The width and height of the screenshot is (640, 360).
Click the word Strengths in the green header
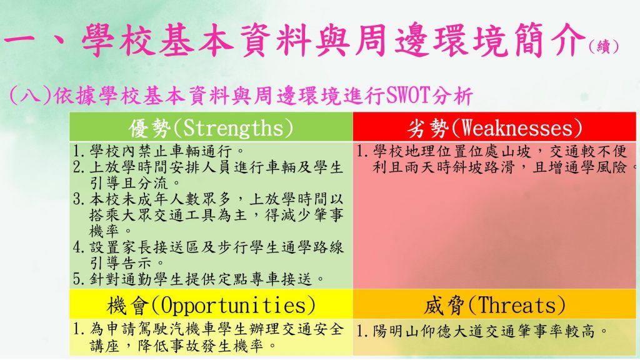[232, 128]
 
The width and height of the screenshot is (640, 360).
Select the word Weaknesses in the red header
[516, 128]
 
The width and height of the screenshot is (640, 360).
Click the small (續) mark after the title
[604, 47]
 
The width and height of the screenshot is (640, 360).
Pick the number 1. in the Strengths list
[78, 151]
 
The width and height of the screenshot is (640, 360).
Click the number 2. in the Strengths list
[78, 167]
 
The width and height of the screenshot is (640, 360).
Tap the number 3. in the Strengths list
[78, 199]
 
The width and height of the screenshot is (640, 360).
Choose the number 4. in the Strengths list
[78, 247]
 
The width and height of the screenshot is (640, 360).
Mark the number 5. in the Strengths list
[78, 279]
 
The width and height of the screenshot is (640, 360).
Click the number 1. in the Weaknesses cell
[362, 151]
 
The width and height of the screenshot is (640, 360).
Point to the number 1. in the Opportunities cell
[78, 329]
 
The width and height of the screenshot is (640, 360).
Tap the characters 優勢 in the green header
[150, 128]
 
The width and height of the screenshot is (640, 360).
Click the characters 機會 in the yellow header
[127, 306]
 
